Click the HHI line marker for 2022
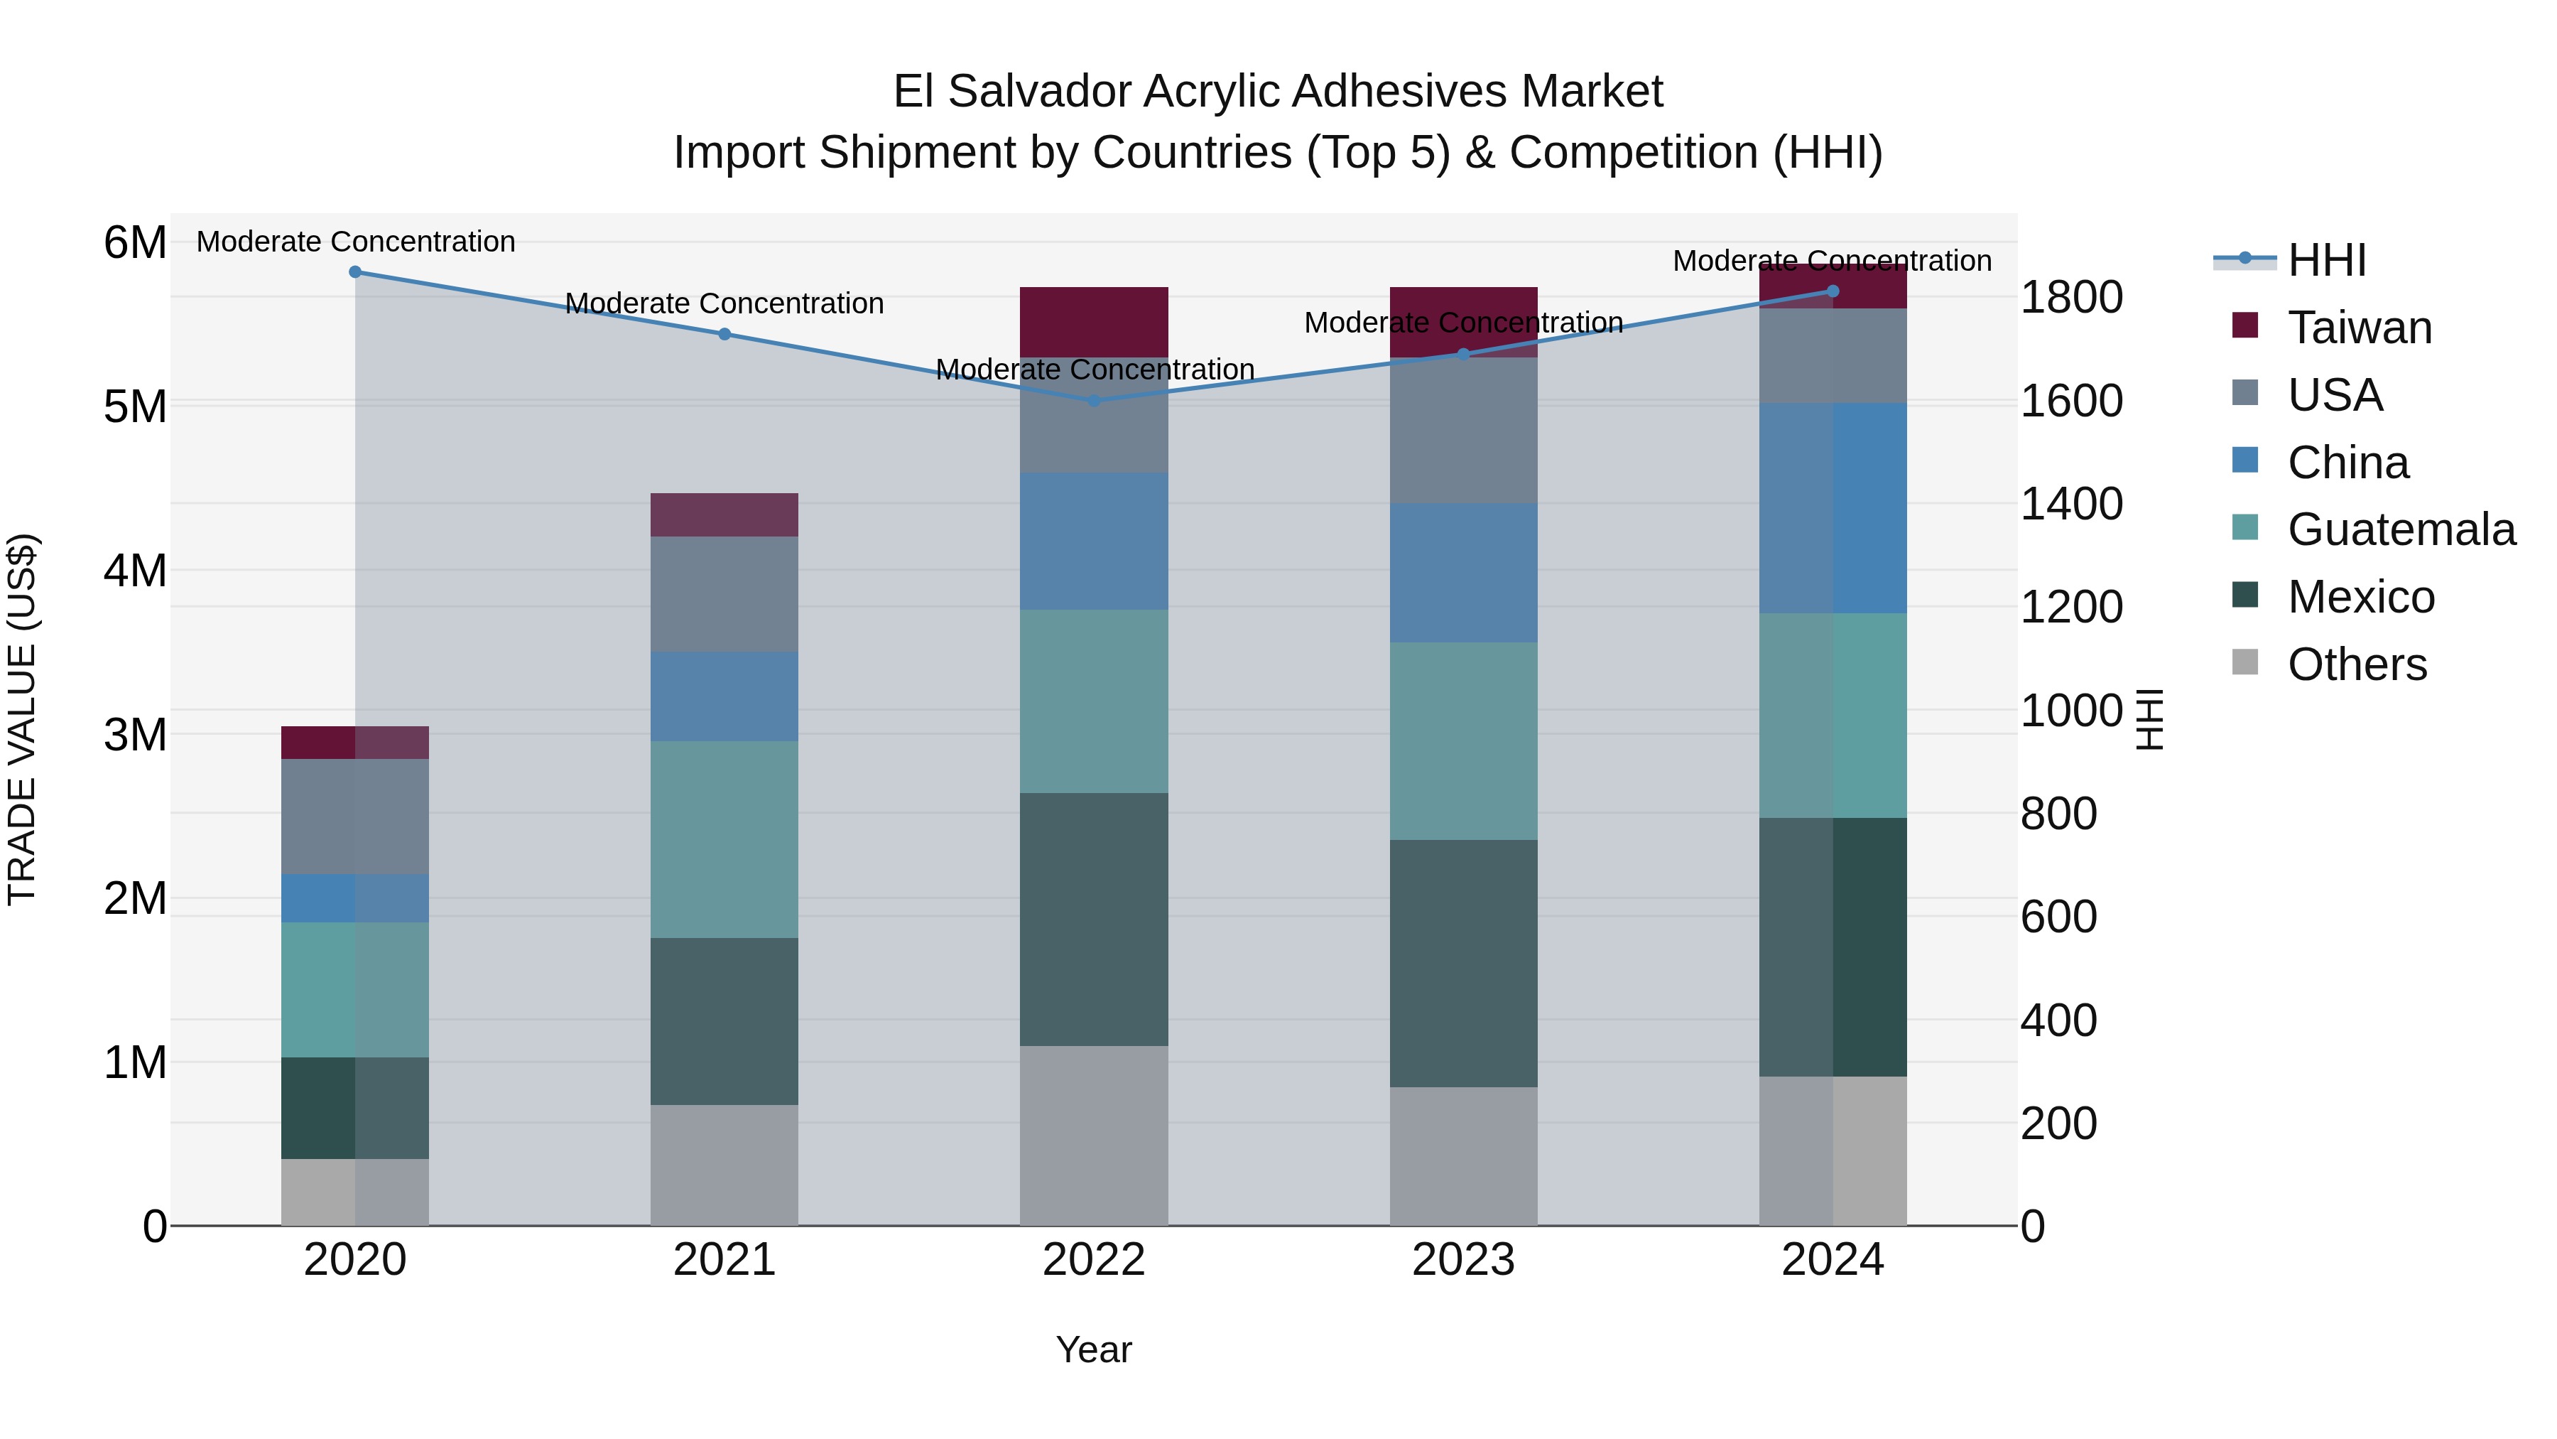point(1094,400)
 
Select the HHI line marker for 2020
point(355,271)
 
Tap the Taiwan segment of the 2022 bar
point(1094,322)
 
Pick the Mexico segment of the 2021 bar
point(724,1021)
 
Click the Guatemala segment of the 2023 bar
point(1463,741)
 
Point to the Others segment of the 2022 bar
point(1094,1135)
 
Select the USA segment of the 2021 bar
point(724,594)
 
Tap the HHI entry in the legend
point(2327,260)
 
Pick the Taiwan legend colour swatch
point(2245,325)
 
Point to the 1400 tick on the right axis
point(2072,504)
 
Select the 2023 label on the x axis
point(1463,1260)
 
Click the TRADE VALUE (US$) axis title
point(22,719)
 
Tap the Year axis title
point(1094,1349)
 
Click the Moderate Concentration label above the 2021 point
point(724,303)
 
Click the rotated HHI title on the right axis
point(2148,719)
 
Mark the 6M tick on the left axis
point(135,243)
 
